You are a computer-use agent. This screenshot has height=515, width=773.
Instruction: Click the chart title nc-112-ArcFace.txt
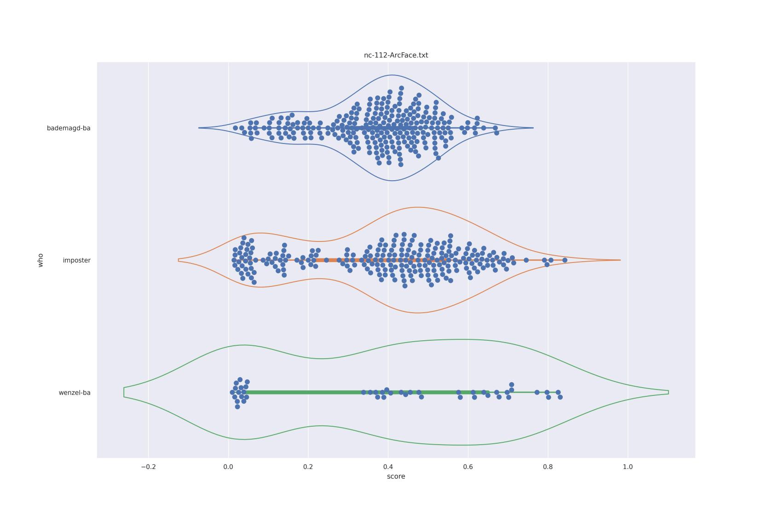pos(396,55)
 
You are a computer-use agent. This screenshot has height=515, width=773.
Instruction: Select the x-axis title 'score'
pos(396,476)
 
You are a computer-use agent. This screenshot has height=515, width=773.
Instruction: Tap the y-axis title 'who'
pos(40,260)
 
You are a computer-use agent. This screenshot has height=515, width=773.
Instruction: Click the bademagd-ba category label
pos(69,128)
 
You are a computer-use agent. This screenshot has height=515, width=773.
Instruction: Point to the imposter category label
pos(76,260)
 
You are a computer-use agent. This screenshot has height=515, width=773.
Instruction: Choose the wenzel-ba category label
pos(75,393)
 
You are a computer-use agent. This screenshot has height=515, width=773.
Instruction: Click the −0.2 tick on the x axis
pos(148,467)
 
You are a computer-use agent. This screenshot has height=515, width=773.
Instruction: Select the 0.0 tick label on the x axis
pos(228,467)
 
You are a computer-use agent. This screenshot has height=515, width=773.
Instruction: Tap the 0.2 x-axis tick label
pos(308,467)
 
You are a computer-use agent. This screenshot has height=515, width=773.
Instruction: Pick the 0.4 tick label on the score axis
pos(388,467)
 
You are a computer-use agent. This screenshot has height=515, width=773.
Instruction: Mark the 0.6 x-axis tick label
pos(468,467)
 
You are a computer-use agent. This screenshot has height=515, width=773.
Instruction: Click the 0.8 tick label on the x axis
pos(548,467)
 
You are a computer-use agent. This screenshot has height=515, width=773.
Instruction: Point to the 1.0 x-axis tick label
pos(628,467)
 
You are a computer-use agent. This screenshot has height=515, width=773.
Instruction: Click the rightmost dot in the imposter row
pos(565,260)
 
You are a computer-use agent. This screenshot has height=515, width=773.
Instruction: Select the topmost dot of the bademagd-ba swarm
pos(401,88)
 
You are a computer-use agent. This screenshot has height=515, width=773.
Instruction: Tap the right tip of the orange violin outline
pos(620,260)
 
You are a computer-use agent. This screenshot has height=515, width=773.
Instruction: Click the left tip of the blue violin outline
pos(199,128)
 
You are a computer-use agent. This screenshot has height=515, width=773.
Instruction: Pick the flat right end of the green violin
pos(668,392)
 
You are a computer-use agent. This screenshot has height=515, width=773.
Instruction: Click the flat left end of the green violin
pos(124,392)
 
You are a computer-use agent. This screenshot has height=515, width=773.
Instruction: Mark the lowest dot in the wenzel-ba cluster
pos(237,407)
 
